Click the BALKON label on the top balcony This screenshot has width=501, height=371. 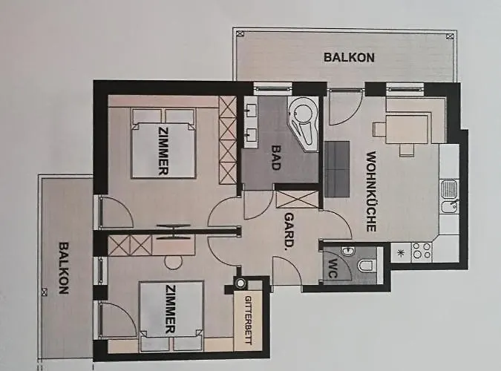pyautogui.click(x=349, y=57)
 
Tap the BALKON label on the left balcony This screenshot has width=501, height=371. pyautogui.click(x=64, y=268)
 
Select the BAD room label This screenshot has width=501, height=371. pyautogui.click(x=276, y=157)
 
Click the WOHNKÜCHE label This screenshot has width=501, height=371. pyautogui.click(x=371, y=191)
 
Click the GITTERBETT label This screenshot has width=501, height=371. pyautogui.click(x=248, y=321)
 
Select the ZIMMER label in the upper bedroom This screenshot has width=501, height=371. pyautogui.click(x=163, y=151)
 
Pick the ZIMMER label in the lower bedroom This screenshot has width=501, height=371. pyautogui.click(x=170, y=309)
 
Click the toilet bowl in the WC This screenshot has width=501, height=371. pyautogui.click(x=367, y=265)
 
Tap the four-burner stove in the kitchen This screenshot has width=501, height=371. pyautogui.click(x=422, y=251)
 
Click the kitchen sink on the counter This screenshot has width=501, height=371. pyautogui.click(x=449, y=197)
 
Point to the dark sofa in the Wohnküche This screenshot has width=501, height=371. pyautogui.click(x=337, y=168)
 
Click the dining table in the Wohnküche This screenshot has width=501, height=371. pyautogui.click(x=407, y=129)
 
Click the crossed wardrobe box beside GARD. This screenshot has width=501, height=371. pyautogui.click(x=297, y=200)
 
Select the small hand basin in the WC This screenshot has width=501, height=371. pyautogui.click(x=347, y=252)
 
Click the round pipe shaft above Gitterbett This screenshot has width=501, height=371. pyautogui.click(x=240, y=283)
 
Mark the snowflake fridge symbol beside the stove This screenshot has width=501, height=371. pyautogui.click(x=401, y=253)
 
